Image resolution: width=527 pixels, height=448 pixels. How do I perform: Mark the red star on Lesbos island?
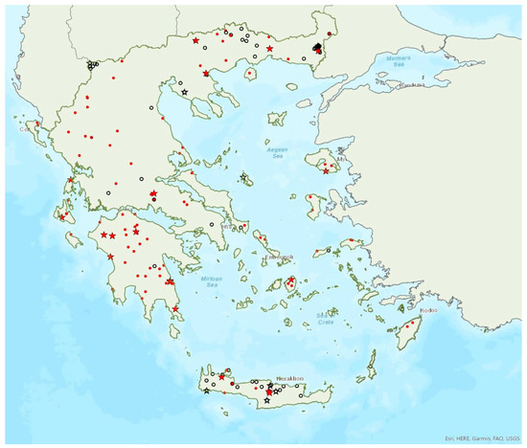[327, 171]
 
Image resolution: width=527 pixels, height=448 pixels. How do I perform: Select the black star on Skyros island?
[244, 177]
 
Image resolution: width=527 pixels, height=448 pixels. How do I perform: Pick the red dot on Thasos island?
[249, 71]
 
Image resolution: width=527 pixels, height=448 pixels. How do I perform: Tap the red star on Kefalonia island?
[63, 217]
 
